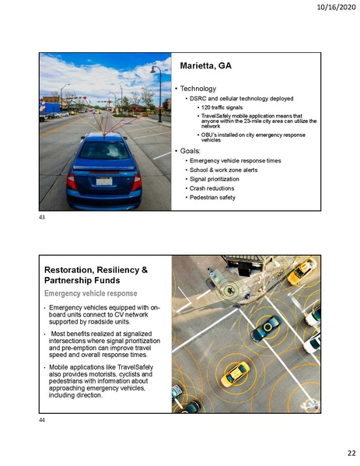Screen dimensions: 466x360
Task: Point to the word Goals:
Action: click(192, 149)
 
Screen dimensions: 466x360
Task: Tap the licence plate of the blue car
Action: click(103, 180)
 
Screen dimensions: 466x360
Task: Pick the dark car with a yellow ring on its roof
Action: click(264, 328)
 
